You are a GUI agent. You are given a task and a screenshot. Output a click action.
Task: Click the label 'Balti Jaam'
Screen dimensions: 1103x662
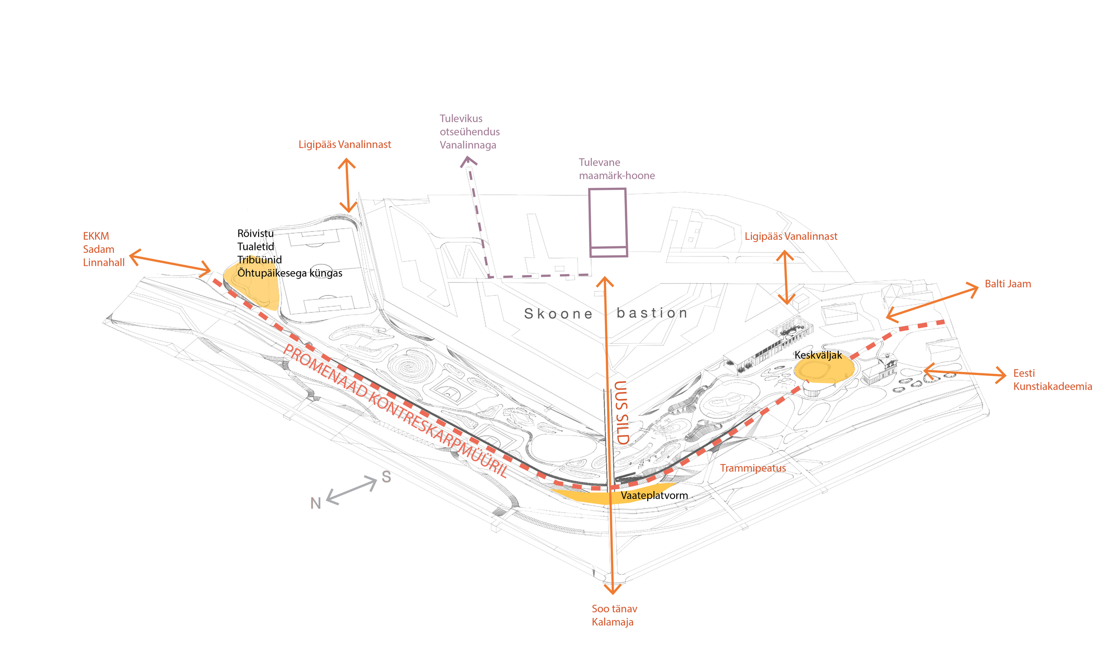[x=1007, y=284]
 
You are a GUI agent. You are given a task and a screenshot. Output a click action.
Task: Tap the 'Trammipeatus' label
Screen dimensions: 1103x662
[x=752, y=468]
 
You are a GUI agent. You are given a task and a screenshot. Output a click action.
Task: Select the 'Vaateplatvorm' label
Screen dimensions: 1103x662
[x=654, y=495]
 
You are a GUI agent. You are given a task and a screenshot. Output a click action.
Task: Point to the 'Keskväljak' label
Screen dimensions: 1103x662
[x=818, y=355]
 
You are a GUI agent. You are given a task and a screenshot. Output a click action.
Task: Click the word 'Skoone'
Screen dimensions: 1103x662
[x=558, y=314]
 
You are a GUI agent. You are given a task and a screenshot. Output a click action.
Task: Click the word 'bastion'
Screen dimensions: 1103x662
[x=652, y=313]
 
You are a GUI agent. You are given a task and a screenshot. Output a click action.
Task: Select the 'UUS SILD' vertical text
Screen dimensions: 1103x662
[x=621, y=413]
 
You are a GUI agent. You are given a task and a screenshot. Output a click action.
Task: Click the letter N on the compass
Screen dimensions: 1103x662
[x=316, y=503]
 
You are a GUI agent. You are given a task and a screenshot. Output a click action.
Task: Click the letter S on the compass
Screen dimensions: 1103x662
[x=386, y=477]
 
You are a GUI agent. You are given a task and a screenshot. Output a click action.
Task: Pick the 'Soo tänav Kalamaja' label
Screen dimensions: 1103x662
[x=614, y=615]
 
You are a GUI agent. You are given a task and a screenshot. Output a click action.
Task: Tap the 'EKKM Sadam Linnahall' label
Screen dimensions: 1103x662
[x=104, y=249]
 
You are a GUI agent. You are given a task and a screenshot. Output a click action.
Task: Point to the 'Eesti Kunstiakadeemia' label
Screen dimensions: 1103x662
[x=1052, y=379]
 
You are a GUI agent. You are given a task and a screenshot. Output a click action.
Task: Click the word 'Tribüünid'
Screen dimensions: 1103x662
[x=259, y=260]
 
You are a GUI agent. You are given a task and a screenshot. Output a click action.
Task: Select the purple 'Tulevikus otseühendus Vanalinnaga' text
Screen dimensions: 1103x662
[x=469, y=132]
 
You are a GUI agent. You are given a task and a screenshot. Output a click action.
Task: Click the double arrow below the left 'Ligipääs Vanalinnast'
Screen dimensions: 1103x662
[x=347, y=185]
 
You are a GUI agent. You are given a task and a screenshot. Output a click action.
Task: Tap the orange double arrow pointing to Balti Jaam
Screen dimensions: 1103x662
[x=932, y=302]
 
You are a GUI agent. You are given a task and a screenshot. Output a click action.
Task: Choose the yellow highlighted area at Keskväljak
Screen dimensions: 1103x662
[x=824, y=369]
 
